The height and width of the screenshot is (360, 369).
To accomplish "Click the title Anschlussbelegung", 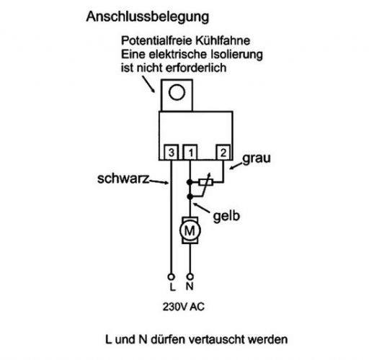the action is tap(148, 17).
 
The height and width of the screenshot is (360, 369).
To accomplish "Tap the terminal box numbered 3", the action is tap(171, 152).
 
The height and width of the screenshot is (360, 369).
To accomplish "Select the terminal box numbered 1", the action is tap(190, 152).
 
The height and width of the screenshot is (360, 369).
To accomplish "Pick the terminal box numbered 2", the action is tap(223, 152).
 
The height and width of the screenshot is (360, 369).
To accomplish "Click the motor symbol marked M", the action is tap(190, 230).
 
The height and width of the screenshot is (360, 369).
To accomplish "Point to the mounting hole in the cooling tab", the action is tap(177, 92).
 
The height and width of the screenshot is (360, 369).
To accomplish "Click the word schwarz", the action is tap(123, 179).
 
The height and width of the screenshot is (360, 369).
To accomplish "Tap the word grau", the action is tap(257, 158).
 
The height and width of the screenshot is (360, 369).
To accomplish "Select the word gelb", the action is tap(226, 215).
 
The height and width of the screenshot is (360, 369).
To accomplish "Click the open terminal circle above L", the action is tap(171, 277).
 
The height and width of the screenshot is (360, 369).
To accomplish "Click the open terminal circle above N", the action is tap(190, 277).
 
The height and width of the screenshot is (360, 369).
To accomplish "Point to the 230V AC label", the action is tap(184, 307).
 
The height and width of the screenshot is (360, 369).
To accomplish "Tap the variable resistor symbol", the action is tap(205, 182).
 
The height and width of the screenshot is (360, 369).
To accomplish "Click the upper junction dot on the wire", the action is tap(190, 182).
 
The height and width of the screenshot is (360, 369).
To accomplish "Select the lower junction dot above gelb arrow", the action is tap(190, 197).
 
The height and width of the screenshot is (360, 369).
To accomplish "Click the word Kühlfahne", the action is tap(222, 40).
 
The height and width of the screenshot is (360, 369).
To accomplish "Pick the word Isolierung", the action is tap(236, 55).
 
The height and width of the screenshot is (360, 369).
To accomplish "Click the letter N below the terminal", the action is tap(190, 287).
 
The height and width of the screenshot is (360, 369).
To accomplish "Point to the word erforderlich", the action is tap(196, 68).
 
